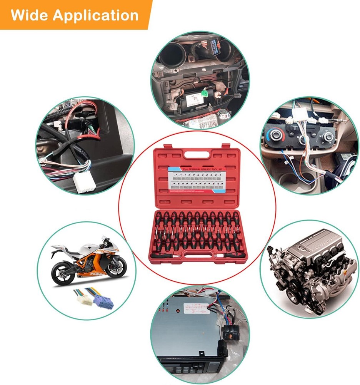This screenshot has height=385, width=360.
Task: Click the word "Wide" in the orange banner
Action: click(29, 15)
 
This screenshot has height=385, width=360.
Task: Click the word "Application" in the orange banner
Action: click(96, 15)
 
